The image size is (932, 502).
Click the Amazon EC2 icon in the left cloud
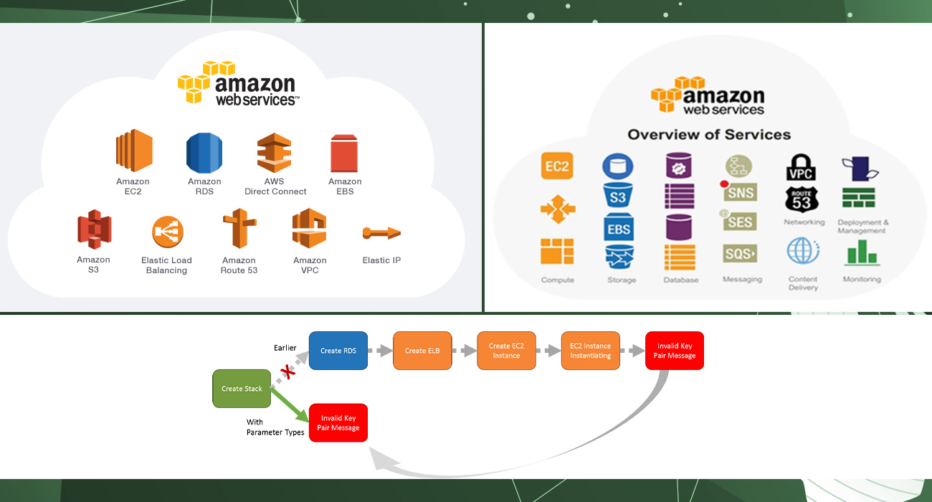pyautogui.click(x=133, y=151)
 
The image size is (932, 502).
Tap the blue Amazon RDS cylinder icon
pyautogui.click(x=204, y=153)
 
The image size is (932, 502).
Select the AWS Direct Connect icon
pyautogui.click(x=275, y=152)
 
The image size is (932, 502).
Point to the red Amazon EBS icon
pyautogui.click(x=344, y=153)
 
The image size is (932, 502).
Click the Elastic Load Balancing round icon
pyautogui.click(x=167, y=232)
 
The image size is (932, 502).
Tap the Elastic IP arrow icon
pyautogui.click(x=381, y=232)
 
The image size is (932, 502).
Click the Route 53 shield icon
pyautogui.click(x=802, y=200)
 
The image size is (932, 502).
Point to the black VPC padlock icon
pyautogui.click(x=801, y=168)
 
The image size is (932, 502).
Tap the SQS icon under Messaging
pyautogui.click(x=740, y=254)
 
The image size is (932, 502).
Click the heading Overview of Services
pyautogui.click(x=709, y=135)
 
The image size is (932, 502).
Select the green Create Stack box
pyautogui.click(x=242, y=389)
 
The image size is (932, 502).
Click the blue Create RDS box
pyautogui.click(x=338, y=351)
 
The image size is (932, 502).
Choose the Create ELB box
pyautogui.click(x=422, y=351)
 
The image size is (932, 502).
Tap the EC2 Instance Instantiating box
pyautogui.click(x=590, y=351)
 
